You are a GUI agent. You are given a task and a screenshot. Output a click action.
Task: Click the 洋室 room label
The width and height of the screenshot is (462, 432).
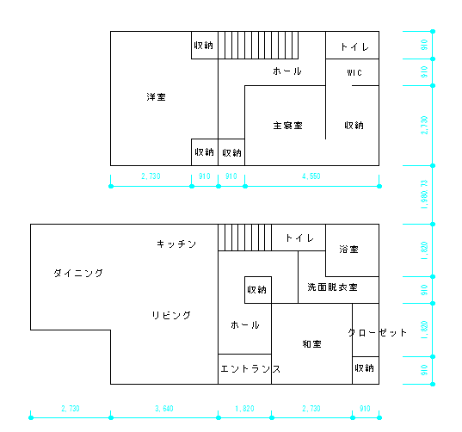coord(156,97)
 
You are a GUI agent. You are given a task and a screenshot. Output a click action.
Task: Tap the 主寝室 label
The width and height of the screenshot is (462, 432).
coord(287,126)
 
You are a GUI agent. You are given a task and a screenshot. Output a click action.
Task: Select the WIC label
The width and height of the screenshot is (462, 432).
coord(354,73)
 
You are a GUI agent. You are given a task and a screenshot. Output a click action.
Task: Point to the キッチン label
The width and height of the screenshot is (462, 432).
coord(176,244)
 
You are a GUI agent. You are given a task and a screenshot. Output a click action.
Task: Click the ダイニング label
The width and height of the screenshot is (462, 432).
coord(78,274)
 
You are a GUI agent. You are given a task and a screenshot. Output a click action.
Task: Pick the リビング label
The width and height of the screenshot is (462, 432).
coord(171,315)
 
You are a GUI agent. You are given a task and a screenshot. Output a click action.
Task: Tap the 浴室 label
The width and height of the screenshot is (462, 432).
coord(348,250)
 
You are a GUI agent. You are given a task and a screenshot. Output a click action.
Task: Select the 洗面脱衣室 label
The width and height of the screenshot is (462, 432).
coord(332,287)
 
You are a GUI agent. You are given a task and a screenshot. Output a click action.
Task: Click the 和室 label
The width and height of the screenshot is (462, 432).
coord(311,344)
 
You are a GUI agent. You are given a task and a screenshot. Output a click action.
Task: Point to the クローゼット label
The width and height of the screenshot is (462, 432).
coord(377,332)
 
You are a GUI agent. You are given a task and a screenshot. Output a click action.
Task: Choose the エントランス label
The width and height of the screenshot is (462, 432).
coord(250,369)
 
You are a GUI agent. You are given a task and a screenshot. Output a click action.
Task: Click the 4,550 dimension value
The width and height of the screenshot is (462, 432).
coord(311,176)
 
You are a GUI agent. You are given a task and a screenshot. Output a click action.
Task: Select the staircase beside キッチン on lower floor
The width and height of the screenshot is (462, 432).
coord(244,238)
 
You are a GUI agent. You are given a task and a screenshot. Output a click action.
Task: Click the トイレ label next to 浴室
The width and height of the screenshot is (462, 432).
coord(299,238)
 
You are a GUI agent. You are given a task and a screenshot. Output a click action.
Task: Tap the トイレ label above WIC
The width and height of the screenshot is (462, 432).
coord(354,46)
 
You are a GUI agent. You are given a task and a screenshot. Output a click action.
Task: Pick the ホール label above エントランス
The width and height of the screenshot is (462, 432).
coord(245,325)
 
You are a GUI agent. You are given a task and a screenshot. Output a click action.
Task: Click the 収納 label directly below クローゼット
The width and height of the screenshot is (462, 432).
coord(365,368)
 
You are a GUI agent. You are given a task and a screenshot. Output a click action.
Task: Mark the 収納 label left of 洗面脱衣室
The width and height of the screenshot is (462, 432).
coord(257,289)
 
